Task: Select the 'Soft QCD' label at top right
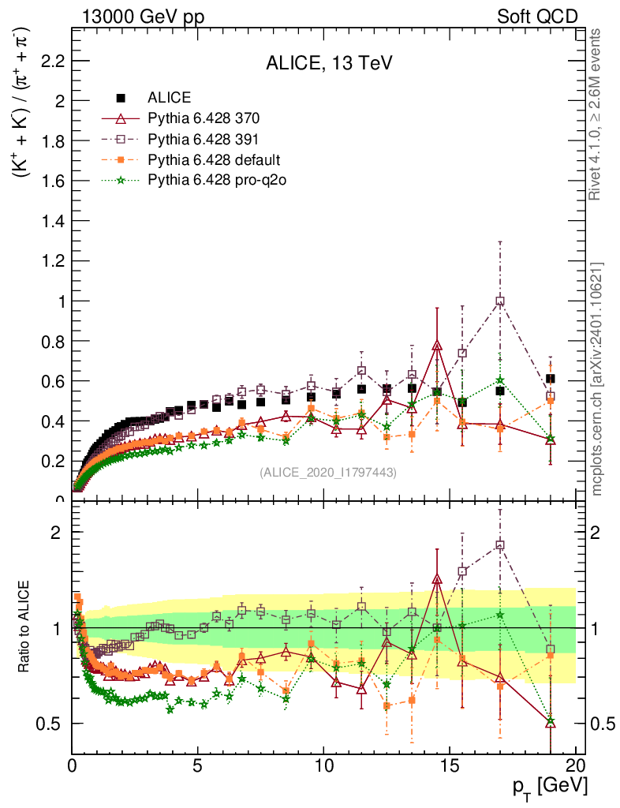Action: pos(537,17)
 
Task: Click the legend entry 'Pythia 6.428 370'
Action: pos(204,119)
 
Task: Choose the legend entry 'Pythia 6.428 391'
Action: pos(204,140)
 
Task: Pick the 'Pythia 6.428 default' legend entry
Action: pos(214,160)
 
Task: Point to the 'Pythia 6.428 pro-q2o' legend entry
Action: pos(216,181)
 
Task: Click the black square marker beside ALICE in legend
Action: pos(121,99)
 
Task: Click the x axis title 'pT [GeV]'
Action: pos(547,786)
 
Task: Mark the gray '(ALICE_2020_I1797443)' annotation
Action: pos(328,472)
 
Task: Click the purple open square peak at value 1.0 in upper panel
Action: pos(500,301)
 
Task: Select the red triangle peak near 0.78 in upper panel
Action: pos(437,345)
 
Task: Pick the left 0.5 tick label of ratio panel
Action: pos(50,724)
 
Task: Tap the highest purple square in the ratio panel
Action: pos(500,545)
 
